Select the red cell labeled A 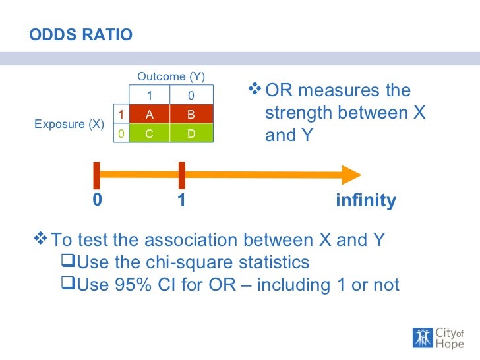[149, 114]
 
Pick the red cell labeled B [191, 114]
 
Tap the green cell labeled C [149, 134]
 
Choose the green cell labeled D [191, 134]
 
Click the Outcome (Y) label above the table [171, 77]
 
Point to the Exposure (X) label [69, 124]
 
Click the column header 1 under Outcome [149, 96]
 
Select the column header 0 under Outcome [191, 96]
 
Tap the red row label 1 [121, 115]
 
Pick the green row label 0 [121, 134]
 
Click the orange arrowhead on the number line [351, 174]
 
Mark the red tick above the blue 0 [96, 175]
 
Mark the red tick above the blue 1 [181, 175]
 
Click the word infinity [365, 200]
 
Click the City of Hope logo [438, 336]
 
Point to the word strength [298, 113]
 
